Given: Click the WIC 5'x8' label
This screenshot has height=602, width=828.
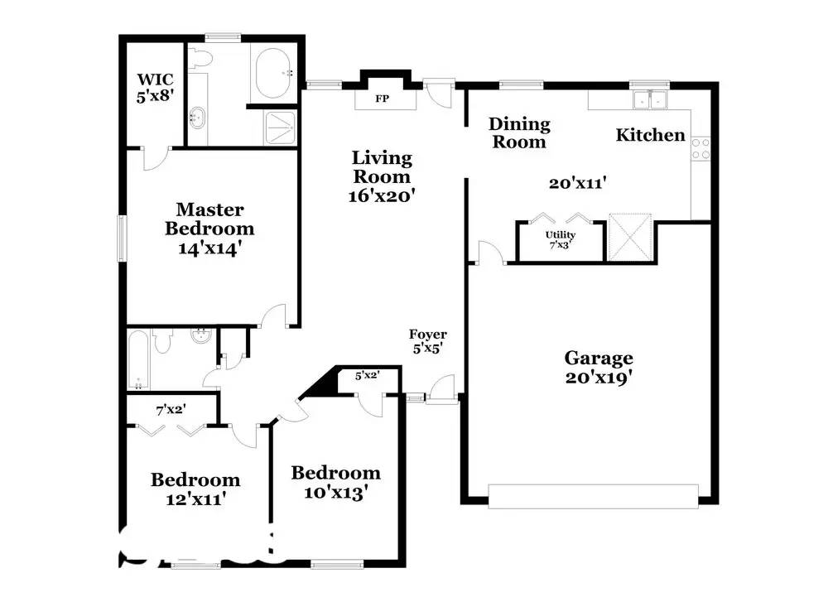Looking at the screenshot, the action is click(156, 88).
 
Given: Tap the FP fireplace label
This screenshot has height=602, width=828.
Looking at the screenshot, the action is click(383, 99).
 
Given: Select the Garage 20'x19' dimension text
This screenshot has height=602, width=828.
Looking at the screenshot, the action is click(599, 378).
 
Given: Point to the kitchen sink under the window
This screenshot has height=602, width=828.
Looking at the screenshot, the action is click(651, 99).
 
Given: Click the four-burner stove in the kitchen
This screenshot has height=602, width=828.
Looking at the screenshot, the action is click(700, 149).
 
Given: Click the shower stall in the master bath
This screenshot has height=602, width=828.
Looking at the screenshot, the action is click(281, 127).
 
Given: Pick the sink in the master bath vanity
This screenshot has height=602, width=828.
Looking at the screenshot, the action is click(197, 118).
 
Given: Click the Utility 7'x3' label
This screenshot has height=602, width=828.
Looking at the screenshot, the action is click(561, 239).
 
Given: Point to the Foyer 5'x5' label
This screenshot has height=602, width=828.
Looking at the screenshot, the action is click(428, 341).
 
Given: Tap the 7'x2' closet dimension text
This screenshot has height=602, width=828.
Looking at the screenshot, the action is click(171, 409).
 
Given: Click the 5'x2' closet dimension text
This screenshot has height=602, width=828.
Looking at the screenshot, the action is click(367, 375).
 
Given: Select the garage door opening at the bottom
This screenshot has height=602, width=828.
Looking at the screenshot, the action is click(593, 496).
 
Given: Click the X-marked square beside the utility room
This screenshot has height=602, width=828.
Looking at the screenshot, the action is click(630, 237).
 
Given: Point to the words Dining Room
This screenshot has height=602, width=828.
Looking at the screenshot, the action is click(520, 132).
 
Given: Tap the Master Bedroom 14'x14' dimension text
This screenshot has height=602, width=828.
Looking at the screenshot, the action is click(209, 248).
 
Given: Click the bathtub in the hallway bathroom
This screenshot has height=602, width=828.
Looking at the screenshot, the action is click(138, 360).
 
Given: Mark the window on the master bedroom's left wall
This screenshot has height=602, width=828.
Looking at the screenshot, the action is click(122, 238).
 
